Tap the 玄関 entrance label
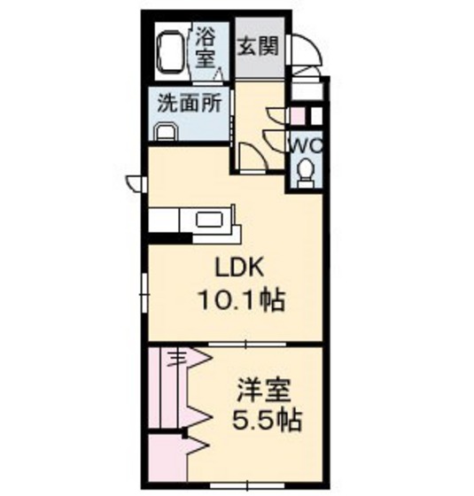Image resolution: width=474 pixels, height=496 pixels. coord(259,45)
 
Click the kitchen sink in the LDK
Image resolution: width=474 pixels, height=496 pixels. coord(210,221)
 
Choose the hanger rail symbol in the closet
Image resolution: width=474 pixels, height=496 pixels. coord(177,359)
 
